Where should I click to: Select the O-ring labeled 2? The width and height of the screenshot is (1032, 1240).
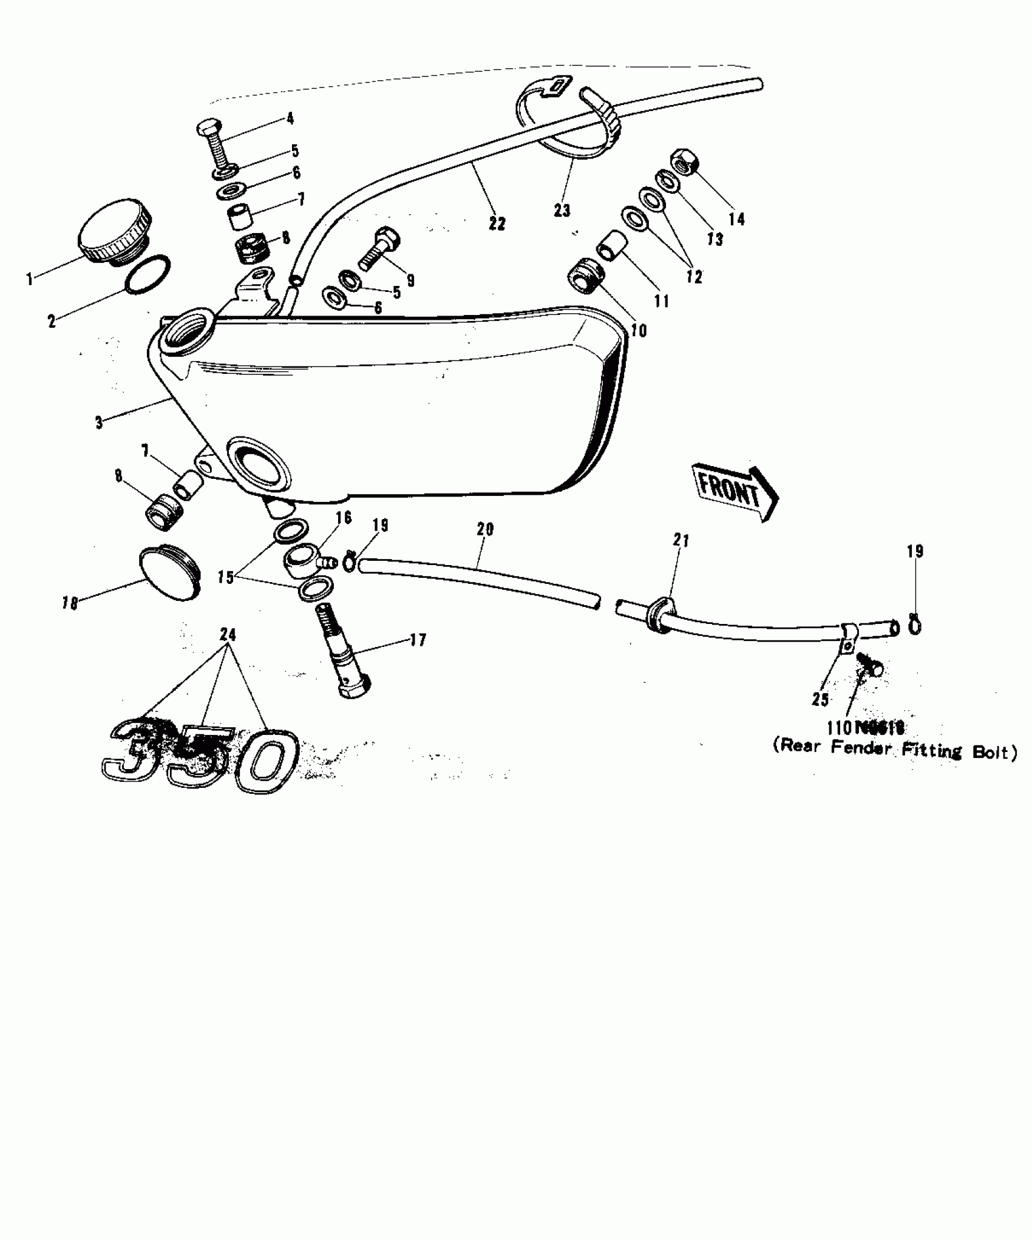tap(148, 274)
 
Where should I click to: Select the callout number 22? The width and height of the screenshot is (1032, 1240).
tap(497, 224)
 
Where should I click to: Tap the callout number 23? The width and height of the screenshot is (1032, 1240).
tap(562, 211)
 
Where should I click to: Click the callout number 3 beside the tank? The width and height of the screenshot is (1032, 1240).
tap(100, 423)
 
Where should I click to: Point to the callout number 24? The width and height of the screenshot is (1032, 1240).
tap(228, 634)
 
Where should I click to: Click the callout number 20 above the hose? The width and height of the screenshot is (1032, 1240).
tap(485, 529)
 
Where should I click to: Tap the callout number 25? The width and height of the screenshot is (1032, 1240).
tap(820, 700)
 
